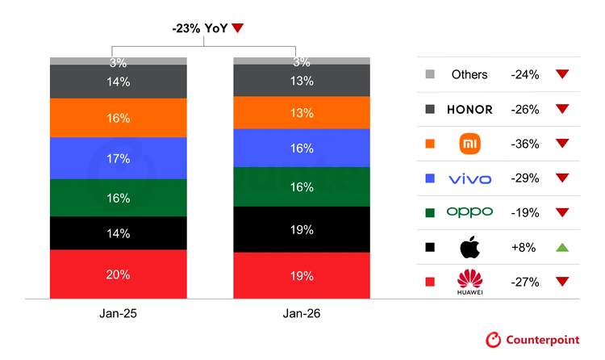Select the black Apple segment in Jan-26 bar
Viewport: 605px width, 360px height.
click(x=302, y=229)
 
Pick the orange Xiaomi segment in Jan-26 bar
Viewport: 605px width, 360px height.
click(x=302, y=112)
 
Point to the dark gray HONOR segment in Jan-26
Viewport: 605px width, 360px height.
click(x=302, y=80)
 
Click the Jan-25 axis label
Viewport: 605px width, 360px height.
click(x=118, y=312)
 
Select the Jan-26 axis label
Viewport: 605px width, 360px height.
click(x=302, y=312)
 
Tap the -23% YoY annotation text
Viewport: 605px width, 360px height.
click(x=200, y=28)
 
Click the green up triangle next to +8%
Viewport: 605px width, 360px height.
click(x=562, y=247)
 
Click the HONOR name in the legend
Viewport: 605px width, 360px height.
click(x=469, y=110)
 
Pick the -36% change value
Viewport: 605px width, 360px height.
click(x=524, y=144)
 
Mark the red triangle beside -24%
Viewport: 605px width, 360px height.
click(x=562, y=74)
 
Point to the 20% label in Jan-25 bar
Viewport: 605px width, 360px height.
click(x=118, y=274)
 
